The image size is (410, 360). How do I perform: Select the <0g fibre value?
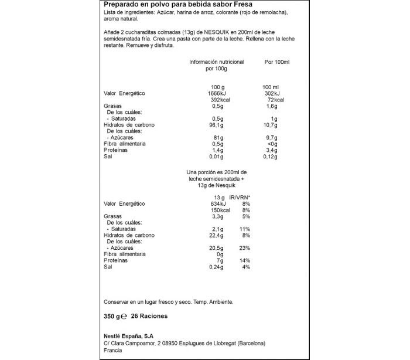(272, 144)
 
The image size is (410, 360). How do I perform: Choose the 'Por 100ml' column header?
(278, 62)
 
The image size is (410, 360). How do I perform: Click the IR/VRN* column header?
(240, 197)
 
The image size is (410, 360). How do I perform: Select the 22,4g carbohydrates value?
(217, 235)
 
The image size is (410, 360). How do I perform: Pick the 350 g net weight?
(112, 316)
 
